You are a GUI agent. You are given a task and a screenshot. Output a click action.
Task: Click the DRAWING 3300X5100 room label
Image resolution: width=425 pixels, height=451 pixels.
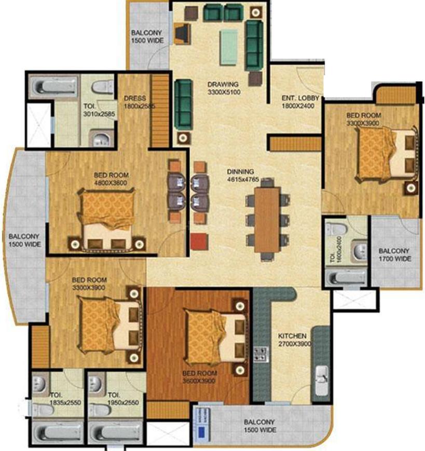[223, 89]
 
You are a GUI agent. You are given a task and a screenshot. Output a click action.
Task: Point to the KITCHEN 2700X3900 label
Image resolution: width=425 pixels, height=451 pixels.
[292, 340]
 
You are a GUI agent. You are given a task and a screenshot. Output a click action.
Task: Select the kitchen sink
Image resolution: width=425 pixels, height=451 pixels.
[322, 375]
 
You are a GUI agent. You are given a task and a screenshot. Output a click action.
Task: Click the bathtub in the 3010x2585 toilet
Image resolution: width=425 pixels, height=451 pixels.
[52, 84]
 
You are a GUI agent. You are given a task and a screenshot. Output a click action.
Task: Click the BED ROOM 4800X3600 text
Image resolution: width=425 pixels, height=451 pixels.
[111, 179]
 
